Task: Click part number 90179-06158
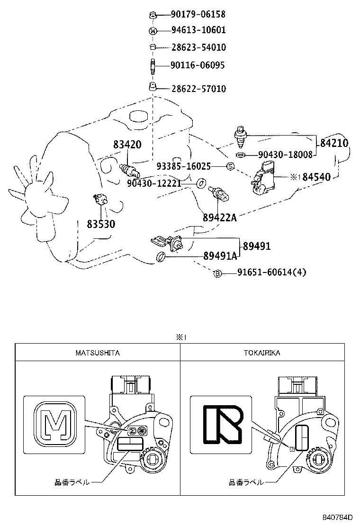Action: click(x=198, y=15)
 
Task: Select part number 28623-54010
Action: click(x=198, y=47)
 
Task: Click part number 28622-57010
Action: click(x=198, y=89)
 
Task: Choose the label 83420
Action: click(x=127, y=145)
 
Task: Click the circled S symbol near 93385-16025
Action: click(x=230, y=166)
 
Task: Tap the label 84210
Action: click(x=334, y=143)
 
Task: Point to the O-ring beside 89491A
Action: click(x=161, y=257)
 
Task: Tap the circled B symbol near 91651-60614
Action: click(x=217, y=273)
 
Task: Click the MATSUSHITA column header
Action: click(x=98, y=353)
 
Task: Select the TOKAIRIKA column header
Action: click(x=262, y=353)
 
